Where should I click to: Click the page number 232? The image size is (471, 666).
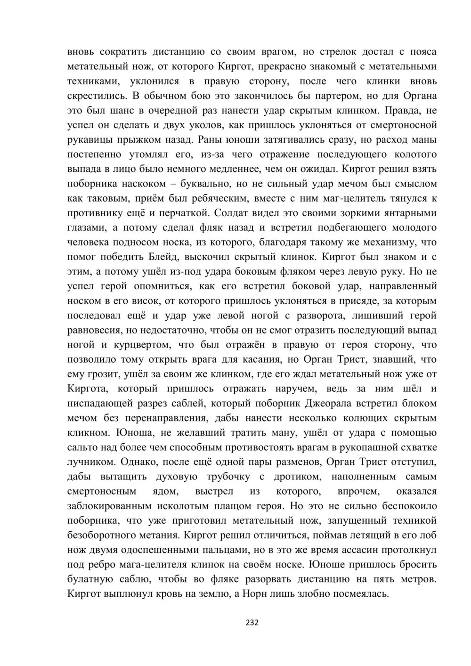click(x=252, y=623)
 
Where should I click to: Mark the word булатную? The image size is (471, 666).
click(x=89, y=579)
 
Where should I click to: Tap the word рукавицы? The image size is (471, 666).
click(x=89, y=140)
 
